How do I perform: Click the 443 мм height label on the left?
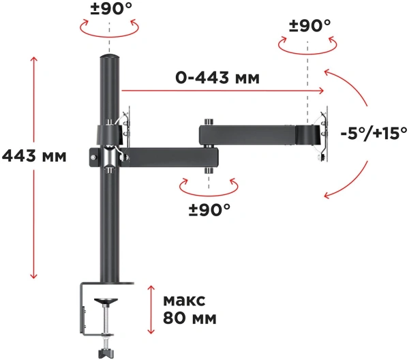[x=35, y=156]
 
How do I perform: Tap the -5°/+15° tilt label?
[x=374, y=132]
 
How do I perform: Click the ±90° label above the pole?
[x=110, y=10]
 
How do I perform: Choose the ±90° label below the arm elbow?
[x=209, y=207]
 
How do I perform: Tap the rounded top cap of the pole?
[x=108, y=60]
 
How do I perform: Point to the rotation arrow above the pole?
[x=109, y=28]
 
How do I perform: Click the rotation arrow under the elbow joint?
[x=209, y=185]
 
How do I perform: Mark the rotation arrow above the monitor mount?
[x=308, y=42]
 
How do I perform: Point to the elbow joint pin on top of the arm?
[x=209, y=120]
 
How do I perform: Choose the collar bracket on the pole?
[x=108, y=134]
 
